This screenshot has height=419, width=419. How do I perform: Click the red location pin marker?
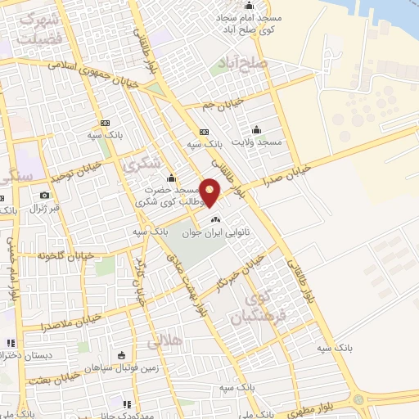point(210,191)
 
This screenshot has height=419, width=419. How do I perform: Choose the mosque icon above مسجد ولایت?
point(257,129)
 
